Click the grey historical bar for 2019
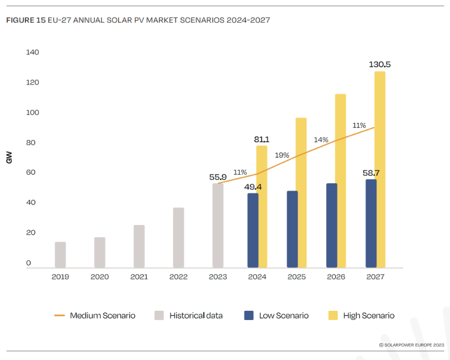(x=60, y=254)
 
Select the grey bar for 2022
(x=178, y=237)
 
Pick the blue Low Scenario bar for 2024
(x=253, y=230)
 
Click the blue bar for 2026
(x=331, y=226)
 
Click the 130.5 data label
(x=379, y=64)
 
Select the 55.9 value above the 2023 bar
(x=218, y=177)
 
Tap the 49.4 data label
(x=253, y=187)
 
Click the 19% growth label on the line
(x=282, y=155)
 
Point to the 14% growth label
(x=321, y=140)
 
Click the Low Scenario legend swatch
(x=249, y=315)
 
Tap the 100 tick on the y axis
(x=32, y=112)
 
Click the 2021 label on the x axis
(x=139, y=277)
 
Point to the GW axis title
(x=9, y=158)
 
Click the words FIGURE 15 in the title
(x=25, y=20)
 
